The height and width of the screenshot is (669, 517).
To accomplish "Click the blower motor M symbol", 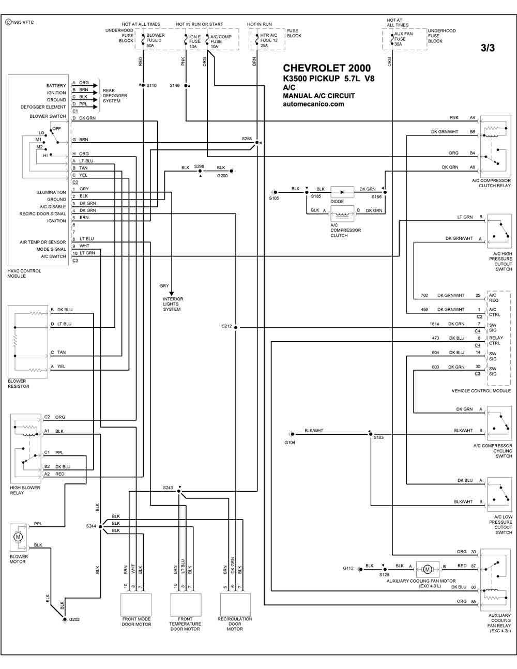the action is click(x=18, y=537).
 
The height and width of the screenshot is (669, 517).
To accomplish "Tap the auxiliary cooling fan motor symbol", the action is click(x=427, y=569).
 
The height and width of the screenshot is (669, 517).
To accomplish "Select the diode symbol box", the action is click(x=342, y=192).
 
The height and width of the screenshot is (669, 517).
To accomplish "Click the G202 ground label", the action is click(x=74, y=619).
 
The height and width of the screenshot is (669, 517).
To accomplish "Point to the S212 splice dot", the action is click(x=235, y=327).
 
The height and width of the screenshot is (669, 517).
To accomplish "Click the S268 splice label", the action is click(x=247, y=139).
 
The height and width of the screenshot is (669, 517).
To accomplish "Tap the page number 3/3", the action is click(x=488, y=48).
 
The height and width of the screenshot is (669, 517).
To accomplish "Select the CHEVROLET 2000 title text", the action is click(x=327, y=68).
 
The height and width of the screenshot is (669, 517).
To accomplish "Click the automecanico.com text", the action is click(x=313, y=104).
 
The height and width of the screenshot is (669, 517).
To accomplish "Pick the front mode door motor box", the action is click(x=136, y=605).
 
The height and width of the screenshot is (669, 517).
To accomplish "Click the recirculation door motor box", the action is click(x=235, y=605).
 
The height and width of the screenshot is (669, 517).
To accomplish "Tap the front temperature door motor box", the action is click(x=186, y=605).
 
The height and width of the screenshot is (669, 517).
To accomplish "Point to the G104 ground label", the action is click(x=290, y=443).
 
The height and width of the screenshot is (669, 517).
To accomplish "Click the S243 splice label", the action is click(x=168, y=488).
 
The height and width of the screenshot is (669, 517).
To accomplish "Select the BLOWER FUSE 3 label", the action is click(x=155, y=38).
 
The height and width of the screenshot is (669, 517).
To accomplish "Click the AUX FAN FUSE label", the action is click(x=403, y=36).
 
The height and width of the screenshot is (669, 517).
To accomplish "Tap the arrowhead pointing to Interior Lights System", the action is click(x=172, y=294).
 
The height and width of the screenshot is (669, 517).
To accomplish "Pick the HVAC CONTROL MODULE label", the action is click(x=24, y=273).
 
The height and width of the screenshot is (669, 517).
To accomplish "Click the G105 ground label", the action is click(x=273, y=198).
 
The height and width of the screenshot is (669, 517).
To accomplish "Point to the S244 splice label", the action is click(x=91, y=526).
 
